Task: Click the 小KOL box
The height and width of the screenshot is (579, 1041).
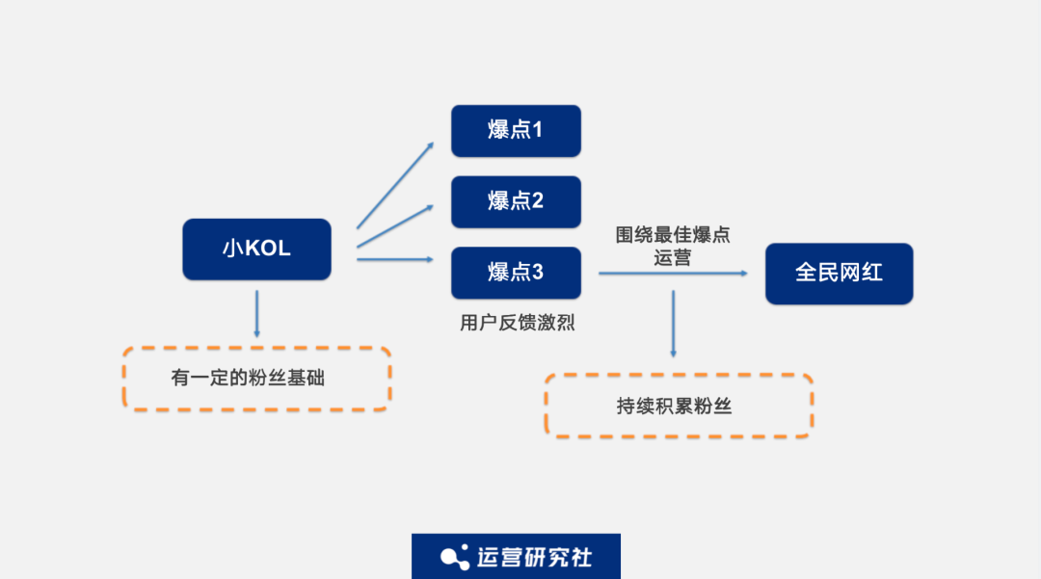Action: tap(256, 250)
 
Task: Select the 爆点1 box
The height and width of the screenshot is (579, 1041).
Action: tap(516, 130)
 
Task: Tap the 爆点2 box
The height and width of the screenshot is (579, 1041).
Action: tap(516, 201)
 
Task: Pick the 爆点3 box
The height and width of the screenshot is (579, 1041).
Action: tap(516, 273)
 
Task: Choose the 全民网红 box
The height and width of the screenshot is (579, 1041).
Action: tap(839, 273)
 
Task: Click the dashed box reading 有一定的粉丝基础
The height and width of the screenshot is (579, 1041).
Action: tap(256, 379)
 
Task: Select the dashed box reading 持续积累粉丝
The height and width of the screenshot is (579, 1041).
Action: tap(678, 406)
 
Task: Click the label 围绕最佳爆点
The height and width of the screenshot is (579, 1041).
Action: tap(673, 235)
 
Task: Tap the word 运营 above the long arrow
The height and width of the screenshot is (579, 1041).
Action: tap(672, 258)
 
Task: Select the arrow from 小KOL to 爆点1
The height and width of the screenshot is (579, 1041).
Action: tap(395, 185)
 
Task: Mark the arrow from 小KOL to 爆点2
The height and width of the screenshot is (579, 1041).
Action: tap(395, 225)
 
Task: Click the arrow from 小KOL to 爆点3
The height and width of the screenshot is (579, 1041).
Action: tap(395, 259)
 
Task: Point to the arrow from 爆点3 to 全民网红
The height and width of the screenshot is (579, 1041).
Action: tap(673, 273)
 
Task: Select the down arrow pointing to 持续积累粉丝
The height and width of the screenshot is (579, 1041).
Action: tap(673, 324)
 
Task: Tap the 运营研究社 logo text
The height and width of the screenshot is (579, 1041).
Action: tap(534, 557)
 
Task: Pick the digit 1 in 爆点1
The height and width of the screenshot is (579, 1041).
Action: tap(537, 130)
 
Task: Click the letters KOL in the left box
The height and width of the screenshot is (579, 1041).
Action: tap(268, 250)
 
